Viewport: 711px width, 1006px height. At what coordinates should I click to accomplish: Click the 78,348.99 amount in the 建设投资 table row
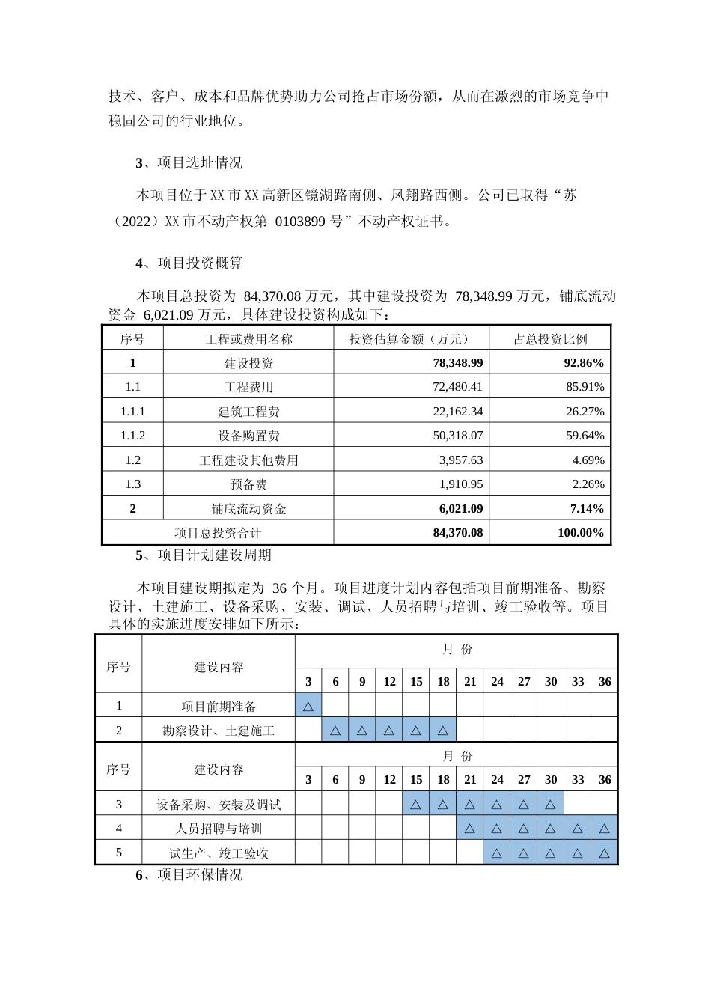[457, 362]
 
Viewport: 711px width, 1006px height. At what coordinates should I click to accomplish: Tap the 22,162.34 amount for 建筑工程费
[457, 411]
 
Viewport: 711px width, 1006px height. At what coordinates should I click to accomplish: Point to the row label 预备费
[248, 484]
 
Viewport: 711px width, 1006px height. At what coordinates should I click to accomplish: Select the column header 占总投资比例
[550, 339]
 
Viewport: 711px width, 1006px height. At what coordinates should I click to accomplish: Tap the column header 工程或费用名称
[248, 339]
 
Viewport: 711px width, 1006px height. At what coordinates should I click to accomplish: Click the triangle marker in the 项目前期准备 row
[308, 706]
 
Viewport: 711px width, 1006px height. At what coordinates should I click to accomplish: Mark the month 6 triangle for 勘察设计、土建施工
[335, 730]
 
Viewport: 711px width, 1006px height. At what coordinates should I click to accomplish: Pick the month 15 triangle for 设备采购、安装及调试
[416, 805]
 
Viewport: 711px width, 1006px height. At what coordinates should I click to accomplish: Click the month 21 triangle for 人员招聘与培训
[470, 829]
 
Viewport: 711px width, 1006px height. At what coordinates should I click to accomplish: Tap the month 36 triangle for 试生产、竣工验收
[605, 853]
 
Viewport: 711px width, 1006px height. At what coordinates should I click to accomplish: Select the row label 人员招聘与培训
[219, 829]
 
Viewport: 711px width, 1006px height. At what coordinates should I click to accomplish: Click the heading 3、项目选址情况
[189, 162]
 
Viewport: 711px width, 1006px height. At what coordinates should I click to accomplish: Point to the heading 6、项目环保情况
[189, 874]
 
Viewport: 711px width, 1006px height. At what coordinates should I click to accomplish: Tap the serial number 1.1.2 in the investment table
[132, 436]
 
